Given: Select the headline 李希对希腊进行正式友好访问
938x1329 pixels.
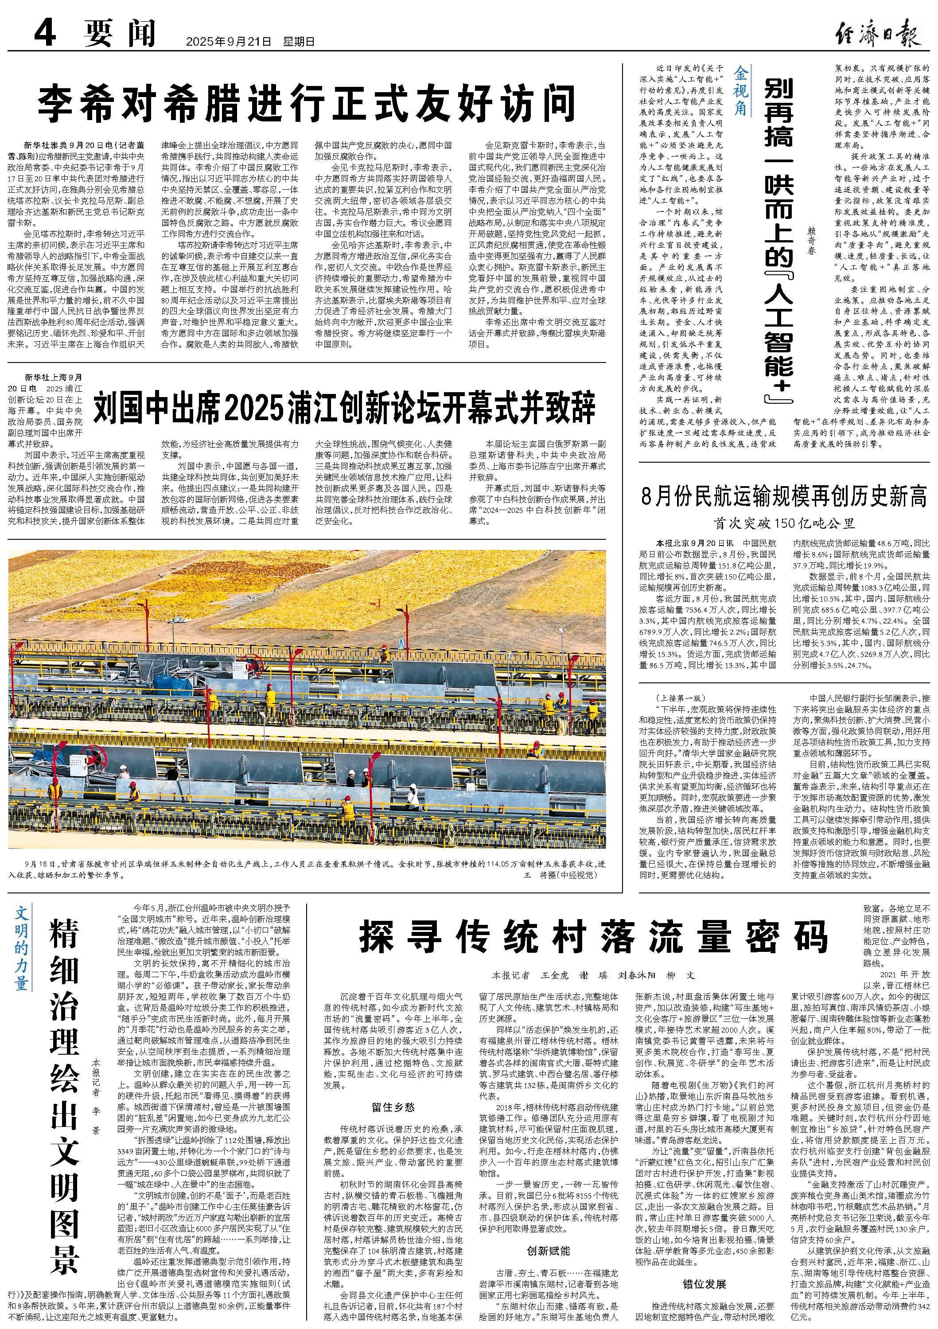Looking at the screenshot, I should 306,103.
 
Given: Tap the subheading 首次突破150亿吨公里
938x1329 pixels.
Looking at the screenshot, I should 784,523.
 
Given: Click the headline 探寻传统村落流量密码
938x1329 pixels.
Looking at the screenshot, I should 594,938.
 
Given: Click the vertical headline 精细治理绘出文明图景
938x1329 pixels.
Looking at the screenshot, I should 64,1070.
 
